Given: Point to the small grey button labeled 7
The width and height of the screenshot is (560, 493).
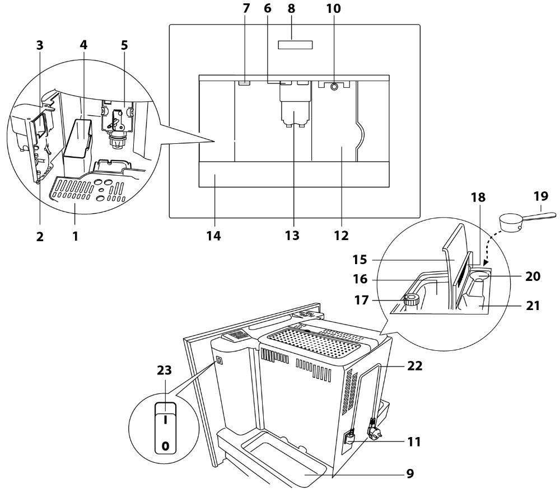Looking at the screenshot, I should (x=244, y=82).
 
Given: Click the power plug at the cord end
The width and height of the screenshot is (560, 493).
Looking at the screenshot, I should (x=372, y=433).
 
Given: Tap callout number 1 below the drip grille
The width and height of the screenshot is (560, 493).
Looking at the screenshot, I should (x=74, y=236).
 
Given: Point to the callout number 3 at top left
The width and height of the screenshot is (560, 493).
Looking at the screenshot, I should (x=39, y=46).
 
